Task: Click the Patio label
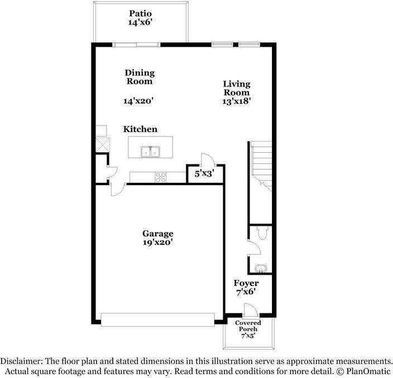point(140,13)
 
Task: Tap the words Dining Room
point(139,77)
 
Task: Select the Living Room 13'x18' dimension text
point(237,102)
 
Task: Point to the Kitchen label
point(140,129)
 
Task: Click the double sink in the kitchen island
point(151,151)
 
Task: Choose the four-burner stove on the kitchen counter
point(161,177)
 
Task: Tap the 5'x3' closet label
point(204,174)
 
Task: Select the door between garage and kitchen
point(118,190)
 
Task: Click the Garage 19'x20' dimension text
point(157,243)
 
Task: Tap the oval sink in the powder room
point(260,270)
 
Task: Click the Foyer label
point(246,283)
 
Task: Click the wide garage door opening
point(157,318)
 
